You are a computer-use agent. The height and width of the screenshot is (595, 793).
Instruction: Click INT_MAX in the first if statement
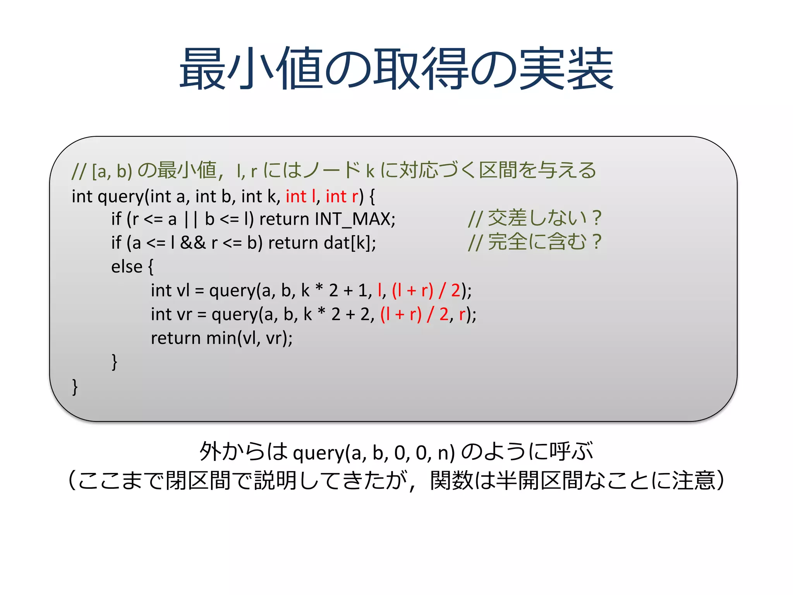pyautogui.click(x=354, y=219)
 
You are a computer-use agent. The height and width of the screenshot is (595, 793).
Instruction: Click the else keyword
pyautogui.click(x=127, y=267)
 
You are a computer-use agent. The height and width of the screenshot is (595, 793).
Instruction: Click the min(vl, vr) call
pyautogui.click(x=249, y=338)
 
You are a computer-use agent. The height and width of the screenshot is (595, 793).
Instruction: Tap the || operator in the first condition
pyautogui.click(x=191, y=219)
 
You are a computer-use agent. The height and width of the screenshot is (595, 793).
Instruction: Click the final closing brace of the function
pyautogui.click(x=75, y=387)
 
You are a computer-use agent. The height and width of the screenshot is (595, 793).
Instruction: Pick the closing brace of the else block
pyautogui.click(x=114, y=362)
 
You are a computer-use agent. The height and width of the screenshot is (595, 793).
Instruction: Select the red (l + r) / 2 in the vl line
pyautogui.click(x=426, y=291)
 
